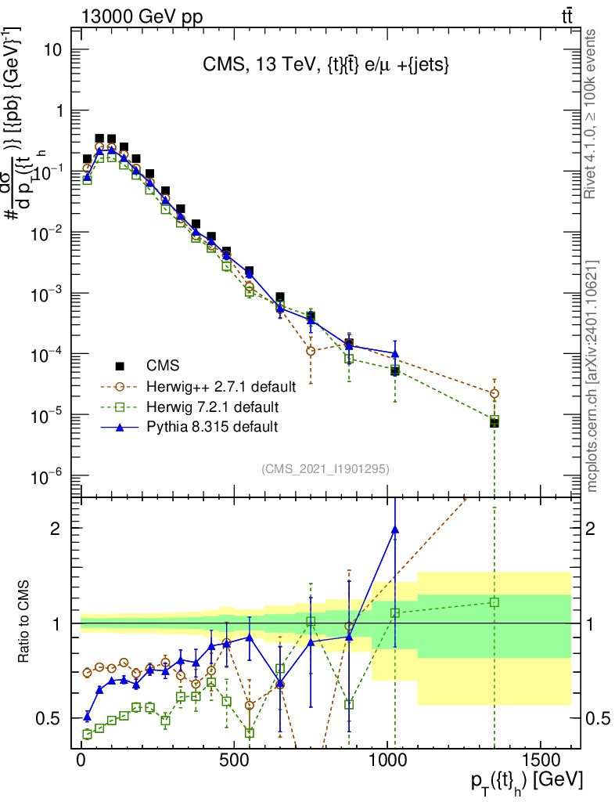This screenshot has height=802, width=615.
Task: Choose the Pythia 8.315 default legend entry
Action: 212,427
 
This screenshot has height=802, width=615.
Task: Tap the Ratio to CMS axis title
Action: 25,623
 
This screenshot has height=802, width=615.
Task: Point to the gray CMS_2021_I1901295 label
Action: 325,469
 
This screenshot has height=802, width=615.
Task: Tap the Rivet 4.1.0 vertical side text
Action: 592,113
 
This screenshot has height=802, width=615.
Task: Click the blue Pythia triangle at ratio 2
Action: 395,529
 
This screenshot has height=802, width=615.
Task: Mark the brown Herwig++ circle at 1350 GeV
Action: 494,393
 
